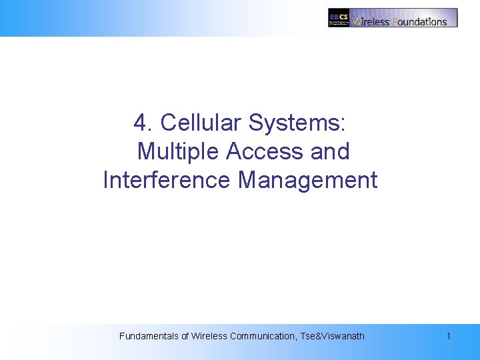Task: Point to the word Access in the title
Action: pos(265,152)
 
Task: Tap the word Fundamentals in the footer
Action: pos(149,336)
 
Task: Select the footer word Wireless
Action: pos(209,336)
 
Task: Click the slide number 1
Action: pos(449,336)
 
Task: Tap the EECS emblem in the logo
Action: pos(339,17)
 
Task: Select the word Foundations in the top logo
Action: pos(420,21)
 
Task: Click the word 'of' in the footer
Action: pos(185,336)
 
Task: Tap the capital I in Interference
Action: pos(106,181)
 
